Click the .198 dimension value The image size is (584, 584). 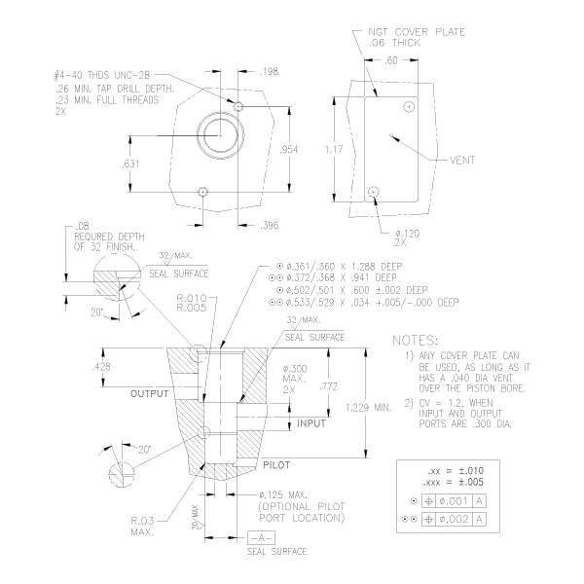tap(269, 71)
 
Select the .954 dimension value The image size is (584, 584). tap(289, 149)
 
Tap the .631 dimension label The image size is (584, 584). tap(130, 164)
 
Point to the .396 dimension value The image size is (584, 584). tap(269, 225)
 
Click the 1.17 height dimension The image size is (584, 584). tap(334, 149)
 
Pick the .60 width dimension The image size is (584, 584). tap(391, 60)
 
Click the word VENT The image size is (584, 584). tap(462, 161)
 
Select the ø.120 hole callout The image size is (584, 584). tap(407, 234)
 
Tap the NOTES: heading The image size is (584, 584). tap(415, 340)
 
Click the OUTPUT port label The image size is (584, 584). tap(149, 393)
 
